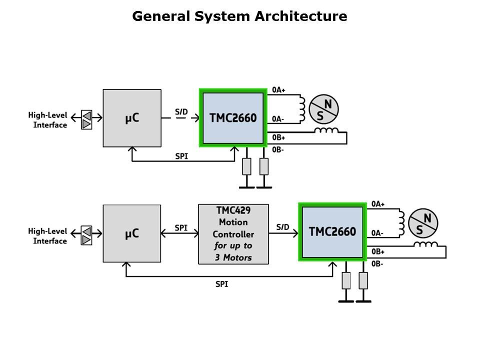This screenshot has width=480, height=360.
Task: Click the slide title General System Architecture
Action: point(239,16)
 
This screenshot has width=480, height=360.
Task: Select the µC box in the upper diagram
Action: point(132,118)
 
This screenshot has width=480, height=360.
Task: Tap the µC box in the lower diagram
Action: point(132,233)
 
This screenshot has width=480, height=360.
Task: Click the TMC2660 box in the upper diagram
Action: point(232,118)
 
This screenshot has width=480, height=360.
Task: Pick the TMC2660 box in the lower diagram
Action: point(332,231)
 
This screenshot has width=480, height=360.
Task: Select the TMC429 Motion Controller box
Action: point(233,234)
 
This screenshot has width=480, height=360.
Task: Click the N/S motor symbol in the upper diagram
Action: point(324,109)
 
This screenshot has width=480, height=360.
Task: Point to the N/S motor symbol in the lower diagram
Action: point(423,223)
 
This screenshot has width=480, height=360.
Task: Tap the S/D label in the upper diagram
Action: point(181,111)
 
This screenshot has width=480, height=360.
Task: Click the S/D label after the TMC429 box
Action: point(282,227)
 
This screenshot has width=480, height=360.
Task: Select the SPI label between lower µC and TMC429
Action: point(181,227)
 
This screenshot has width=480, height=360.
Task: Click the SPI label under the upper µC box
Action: point(182,156)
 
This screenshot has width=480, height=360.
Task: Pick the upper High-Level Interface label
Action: point(47,120)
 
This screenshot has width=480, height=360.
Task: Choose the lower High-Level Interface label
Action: point(47,236)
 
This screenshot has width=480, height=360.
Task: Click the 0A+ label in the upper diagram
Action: point(278,90)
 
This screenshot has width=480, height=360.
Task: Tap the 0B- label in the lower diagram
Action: point(377,263)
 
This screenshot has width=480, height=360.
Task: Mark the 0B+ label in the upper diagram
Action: point(278,137)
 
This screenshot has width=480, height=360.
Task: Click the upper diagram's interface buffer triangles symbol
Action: point(87,120)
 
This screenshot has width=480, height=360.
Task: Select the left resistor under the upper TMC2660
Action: point(246,166)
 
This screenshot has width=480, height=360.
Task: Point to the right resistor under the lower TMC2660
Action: point(363,280)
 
